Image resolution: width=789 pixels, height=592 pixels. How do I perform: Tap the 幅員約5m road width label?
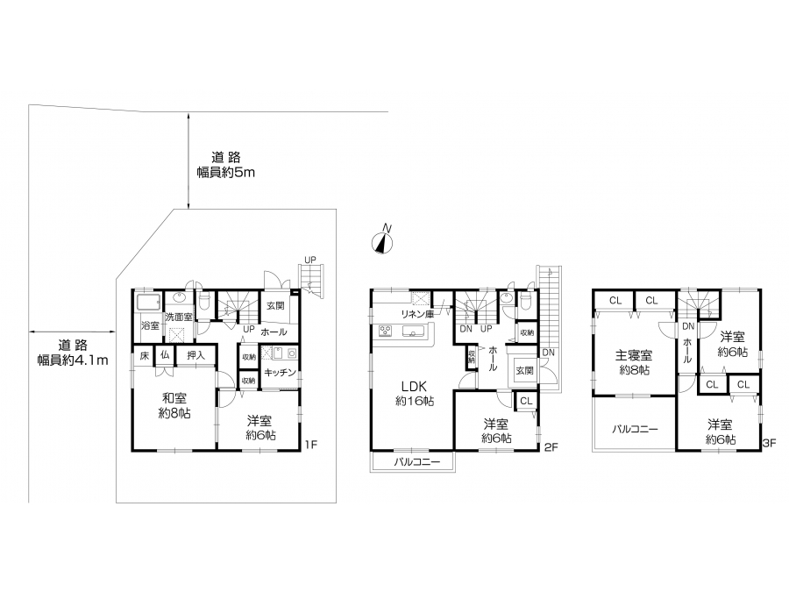[x=226, y=173]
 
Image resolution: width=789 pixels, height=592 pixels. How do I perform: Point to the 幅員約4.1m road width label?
[x=73, y=360]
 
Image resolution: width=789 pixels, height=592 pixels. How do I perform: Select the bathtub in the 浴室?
[x=148, y=303]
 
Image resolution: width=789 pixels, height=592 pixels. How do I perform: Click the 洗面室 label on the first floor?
[x=179, y=317]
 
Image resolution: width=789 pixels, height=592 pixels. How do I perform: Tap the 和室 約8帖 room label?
[x=174, y=406]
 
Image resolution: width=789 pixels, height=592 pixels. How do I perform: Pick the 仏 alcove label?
[x=165, y=355]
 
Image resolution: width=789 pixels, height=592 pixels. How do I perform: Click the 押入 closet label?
[x=195, y=355]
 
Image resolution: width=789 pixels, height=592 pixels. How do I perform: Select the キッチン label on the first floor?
[x=280, y=373]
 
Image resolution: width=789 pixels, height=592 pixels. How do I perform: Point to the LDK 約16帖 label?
[x=415, y=393]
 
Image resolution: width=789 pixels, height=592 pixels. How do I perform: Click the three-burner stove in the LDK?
[x=387, y=332]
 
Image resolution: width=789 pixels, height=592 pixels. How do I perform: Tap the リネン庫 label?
[x=417, y=314]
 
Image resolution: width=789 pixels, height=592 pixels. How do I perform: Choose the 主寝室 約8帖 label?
[x=634, y=362]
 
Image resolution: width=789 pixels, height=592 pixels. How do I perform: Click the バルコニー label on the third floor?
[x=635, y=430]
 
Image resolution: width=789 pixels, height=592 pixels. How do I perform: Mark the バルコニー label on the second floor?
[x=416, y=461]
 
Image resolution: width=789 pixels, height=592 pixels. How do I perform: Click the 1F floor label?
[x=311, y=445]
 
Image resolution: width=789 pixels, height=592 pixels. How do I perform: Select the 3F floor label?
[x=770, y=444]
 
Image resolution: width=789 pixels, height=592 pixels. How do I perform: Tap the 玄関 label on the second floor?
[x=524, y=370]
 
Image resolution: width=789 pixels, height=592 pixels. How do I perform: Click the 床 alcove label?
[x=145, y=355]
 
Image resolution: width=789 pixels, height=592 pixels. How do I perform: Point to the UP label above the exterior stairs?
[x=310, y=260]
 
